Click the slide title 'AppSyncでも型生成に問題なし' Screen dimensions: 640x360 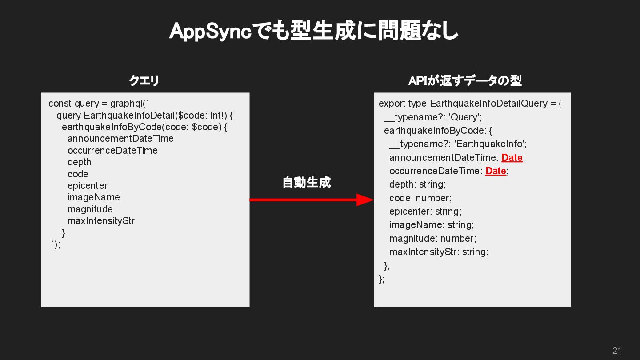(x=314, y=32)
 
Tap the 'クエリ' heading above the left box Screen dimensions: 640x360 (x=144, y=81)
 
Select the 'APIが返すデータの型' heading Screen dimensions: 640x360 (x=465, y=81)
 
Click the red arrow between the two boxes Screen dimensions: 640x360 (x=311, y=200)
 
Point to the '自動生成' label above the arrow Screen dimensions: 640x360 (x=307, y=183)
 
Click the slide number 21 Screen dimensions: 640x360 (x=617, y=350)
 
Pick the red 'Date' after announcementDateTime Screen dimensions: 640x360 (x=512, y=158)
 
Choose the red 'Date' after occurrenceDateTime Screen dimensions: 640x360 (x=496, y=171)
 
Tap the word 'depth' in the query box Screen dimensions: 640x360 (x=79, y=162)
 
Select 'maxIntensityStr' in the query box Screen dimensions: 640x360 (x=101, y=221)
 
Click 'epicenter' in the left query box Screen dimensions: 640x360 (x=88, y=186)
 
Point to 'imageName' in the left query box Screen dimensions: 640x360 (x=93, y=197)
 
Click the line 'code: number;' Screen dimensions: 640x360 (x=420, y=198)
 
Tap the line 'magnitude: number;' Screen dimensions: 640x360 (x=432, y=239)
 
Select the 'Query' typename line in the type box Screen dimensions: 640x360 (x=433, y=117)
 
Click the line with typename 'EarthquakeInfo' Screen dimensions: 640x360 (x=458, y=144)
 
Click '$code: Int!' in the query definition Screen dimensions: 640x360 (x=202, y=116)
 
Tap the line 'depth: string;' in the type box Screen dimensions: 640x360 (x=417, y=184)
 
